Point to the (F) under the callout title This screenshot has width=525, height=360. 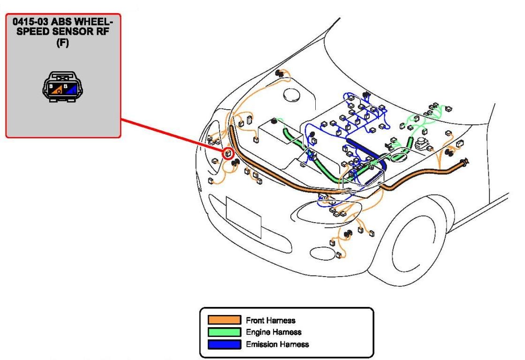(x=62, y=38)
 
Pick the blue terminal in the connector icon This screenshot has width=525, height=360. (x=70, y=89)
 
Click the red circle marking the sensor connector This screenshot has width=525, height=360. (x=228, y=153)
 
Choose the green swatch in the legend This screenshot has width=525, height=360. (x=224, y=332)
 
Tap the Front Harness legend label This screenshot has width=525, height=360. (x=270, y=321)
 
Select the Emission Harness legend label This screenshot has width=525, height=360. (x=277, y=345)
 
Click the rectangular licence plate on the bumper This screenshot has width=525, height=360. (x=243, y=217)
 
